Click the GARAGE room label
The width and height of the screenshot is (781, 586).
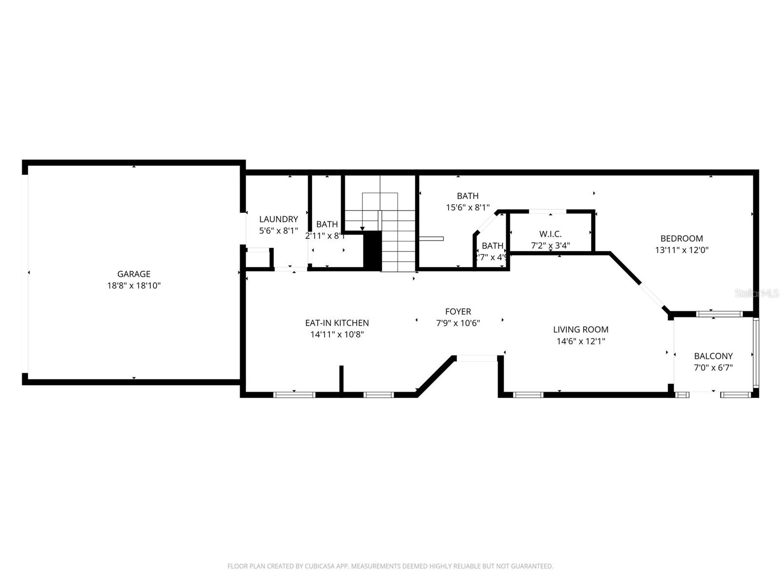pos(133,274)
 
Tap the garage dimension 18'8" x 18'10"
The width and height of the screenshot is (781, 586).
pos(134,286)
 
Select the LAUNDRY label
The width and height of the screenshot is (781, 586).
pos(278,219)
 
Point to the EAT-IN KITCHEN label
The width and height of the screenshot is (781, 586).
pos(337,323)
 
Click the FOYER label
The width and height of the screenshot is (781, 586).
pos(458,312)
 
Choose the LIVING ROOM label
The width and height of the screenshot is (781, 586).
pos(580,330)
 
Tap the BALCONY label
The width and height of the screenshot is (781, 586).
pos(713,356)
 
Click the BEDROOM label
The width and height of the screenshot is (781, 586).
pos(681,238)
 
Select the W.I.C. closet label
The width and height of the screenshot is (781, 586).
pos(550,234)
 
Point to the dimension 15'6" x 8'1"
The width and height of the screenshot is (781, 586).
pos(468,208)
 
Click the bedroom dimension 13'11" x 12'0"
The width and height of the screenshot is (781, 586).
pos(681,250)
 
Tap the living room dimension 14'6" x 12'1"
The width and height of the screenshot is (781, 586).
pos(580,341)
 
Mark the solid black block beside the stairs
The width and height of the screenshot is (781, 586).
pos(373,250)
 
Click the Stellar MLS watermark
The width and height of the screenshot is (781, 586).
pos(757,293)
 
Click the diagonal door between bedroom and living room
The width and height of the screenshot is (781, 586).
pos(652,295)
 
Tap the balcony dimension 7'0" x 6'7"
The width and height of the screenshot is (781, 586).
pos(713,368)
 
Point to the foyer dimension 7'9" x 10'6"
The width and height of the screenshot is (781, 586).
pos(458,323)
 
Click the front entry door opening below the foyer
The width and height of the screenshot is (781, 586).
pos(476,358)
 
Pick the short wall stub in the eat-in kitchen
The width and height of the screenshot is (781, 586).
pos(341,379)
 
